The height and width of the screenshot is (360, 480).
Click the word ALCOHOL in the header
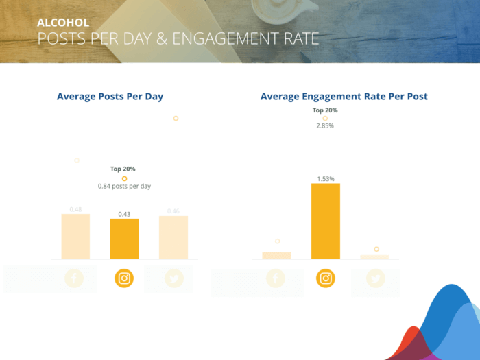[63, 23]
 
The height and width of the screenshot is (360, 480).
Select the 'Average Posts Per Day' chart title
[110, 96]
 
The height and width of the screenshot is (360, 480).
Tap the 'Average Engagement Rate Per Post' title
[344, 96]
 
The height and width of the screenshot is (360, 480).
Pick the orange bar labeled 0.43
[124, 239]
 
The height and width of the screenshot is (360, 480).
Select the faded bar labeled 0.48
[75, 237]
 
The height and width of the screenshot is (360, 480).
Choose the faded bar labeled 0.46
[173, 237]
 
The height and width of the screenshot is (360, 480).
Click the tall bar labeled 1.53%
[326, 221]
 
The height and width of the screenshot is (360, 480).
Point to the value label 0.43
[124, 214]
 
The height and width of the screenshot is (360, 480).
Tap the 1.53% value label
[326, 179]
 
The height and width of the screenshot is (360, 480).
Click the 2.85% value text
[325, 126]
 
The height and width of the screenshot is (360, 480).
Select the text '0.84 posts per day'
[124, 186]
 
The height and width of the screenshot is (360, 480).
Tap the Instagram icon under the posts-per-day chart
[124, 278]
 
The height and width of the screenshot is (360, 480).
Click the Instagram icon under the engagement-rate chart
[326, 278]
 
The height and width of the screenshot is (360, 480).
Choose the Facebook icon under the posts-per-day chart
[74, 278]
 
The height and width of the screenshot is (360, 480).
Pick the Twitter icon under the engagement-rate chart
[375, 278]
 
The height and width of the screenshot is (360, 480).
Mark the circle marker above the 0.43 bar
[124, 178]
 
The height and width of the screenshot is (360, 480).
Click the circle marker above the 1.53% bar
[325, 118]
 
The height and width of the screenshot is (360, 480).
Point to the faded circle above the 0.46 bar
[176, 118]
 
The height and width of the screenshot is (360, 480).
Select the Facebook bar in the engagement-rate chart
[276, 255]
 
